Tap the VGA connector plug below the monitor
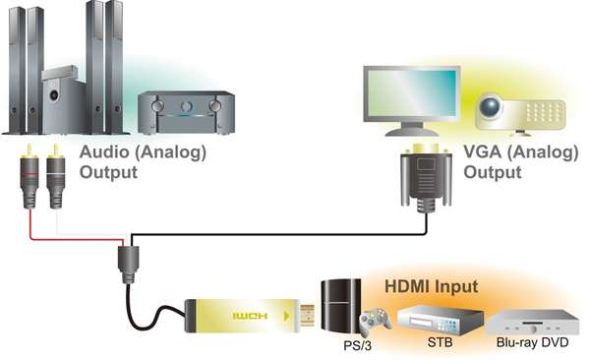pos(424,182)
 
